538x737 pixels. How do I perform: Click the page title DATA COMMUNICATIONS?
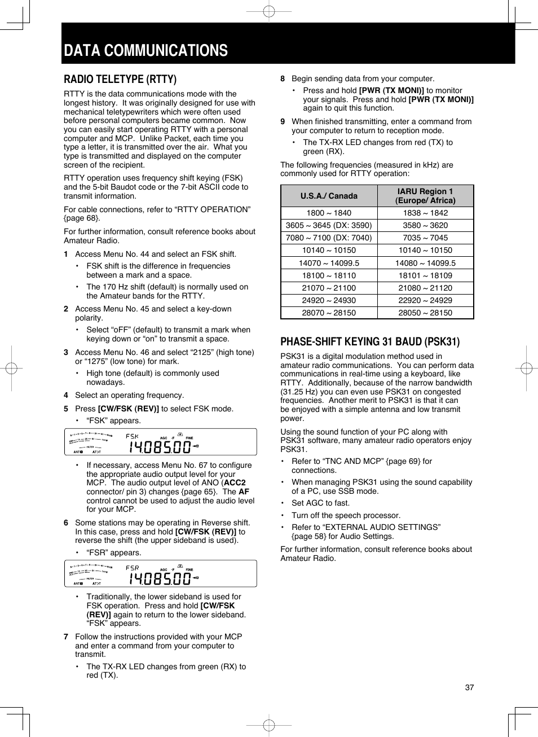(x=145, y=51)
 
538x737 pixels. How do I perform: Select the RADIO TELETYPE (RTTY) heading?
(x=120, y=79)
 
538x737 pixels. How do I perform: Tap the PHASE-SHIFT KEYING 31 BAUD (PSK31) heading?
(x=370, y=341)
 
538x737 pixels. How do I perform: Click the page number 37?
(x=469, y=687)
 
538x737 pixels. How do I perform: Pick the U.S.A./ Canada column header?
(x=329, y=196)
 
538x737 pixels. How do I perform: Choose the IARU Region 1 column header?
(x=425, y=196)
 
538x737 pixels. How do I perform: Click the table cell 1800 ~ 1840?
(x=329, y=213)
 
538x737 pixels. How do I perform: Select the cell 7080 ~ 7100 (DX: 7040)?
(x=329, y=238)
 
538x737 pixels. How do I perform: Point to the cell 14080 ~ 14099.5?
(x=425, y=263)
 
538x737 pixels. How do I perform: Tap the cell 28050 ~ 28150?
(x=425, y=313)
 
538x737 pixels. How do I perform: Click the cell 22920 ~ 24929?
(x=425, y=300)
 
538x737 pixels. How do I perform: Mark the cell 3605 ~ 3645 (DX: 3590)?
(x=329, y=225)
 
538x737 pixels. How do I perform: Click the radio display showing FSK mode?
(x=160, y=442)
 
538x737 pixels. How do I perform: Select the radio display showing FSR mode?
(x=160, y=573)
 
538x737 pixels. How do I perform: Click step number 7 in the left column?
(x=66, y=637)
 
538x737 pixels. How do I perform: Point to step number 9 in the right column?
(x=283, y=121)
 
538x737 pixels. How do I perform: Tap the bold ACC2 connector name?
(x=235, y=482)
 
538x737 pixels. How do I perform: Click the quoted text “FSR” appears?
(x=114, y=552)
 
